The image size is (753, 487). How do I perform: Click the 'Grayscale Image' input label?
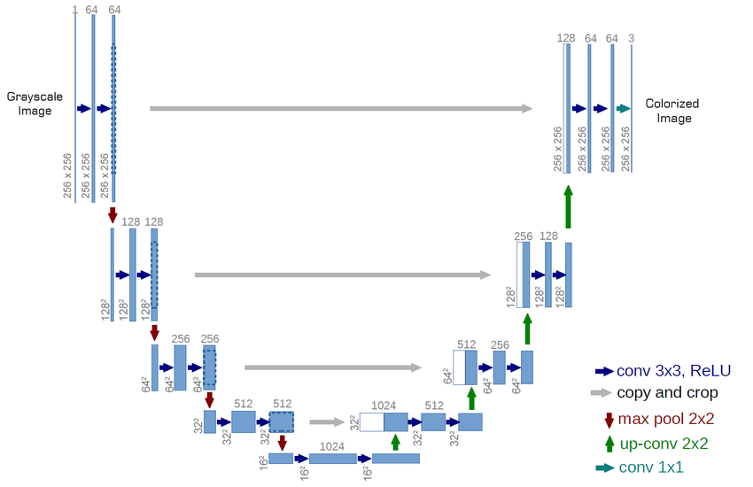30,103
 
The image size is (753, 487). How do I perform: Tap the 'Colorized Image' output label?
671,111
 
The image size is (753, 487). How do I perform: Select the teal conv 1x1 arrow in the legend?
604,467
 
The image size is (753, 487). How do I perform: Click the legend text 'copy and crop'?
667,393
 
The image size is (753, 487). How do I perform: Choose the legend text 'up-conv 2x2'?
664,443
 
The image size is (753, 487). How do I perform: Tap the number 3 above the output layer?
631,38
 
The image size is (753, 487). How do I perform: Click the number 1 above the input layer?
76,10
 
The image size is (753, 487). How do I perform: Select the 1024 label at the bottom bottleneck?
332,447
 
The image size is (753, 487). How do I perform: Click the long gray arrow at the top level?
341,108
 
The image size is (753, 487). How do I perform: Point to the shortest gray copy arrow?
327,422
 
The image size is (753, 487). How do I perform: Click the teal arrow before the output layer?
624,109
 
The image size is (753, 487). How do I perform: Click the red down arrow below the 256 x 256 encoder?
113,215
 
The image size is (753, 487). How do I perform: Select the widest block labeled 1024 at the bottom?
332,459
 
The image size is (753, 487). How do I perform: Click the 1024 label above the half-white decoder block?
383,405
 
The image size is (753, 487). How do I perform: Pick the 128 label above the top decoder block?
566,38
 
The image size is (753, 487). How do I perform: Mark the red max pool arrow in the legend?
608,419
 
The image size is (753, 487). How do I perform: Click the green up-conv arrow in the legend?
608,443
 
